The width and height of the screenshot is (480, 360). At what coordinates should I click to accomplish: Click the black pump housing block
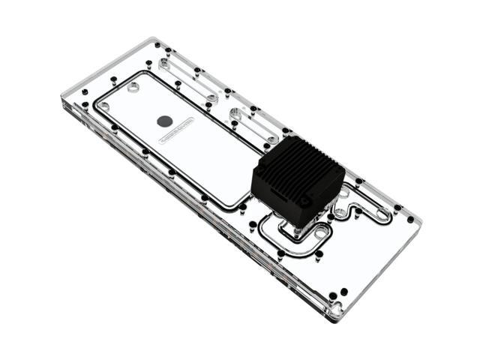coord(296,180)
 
